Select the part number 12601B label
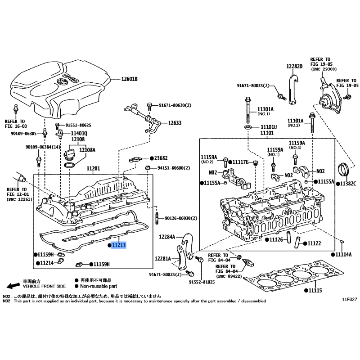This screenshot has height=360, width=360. coord(129,79)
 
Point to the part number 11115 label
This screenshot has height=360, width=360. coord(315,291)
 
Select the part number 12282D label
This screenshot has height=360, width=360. coord(294,66)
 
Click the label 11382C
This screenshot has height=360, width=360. coord(348,184)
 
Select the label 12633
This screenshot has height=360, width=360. coord(175,122)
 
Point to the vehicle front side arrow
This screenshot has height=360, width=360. coord(13,286)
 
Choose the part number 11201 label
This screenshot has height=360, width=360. coord(93,168)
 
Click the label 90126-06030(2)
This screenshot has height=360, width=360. coord(181,218)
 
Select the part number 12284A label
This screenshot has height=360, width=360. coord(166,237)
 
